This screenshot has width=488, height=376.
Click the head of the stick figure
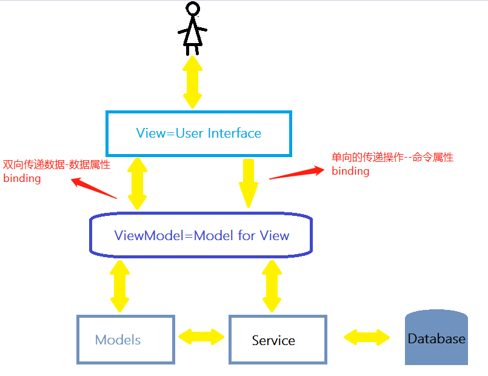pos(193,8)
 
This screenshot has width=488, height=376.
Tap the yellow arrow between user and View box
pos(192,82)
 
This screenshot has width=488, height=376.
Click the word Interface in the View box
pos(235,133)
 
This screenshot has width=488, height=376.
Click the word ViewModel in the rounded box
pos(149,235)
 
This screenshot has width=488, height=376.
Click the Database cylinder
pos(436,337)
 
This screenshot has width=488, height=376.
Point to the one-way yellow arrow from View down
pos(249,183)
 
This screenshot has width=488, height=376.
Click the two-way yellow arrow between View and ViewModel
pos(137,184)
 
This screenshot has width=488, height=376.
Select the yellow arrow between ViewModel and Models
pos(120,286)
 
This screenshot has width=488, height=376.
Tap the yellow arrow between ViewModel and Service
pos(272,286)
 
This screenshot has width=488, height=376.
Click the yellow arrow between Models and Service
pos(201,337)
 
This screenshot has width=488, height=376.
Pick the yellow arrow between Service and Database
pos(367,337)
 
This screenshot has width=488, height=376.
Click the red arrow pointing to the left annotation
pos(94,187)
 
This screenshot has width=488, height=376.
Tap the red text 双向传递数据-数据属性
pos(56,165)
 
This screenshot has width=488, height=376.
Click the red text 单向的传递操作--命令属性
pos(392,157)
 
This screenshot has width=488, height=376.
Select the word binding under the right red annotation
pos(350,171)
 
